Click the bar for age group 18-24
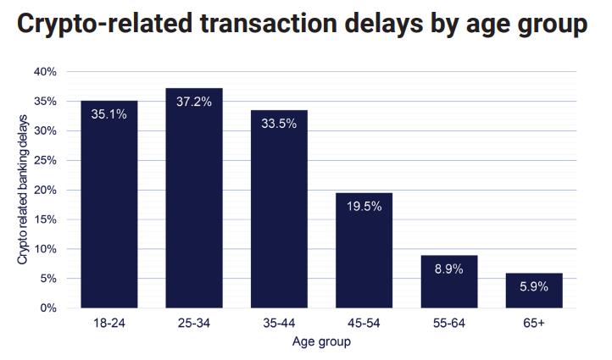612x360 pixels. (109, 204)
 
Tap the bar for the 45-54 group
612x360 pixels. (364, 251)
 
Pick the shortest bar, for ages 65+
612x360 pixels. (534, 291)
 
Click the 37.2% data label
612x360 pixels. (194, 102)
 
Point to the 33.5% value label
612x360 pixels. (279, 124)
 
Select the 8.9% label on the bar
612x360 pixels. (449, 269)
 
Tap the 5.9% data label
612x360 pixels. (534, 286)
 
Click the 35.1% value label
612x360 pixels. (109, 114)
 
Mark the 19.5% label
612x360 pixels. (364, 206)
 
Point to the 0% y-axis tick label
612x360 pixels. (48, 308)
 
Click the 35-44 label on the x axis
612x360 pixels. (279, 324)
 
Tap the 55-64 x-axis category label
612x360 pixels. (449, 324)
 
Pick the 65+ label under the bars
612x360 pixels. (534, 324)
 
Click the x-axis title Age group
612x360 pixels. (321, 342)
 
